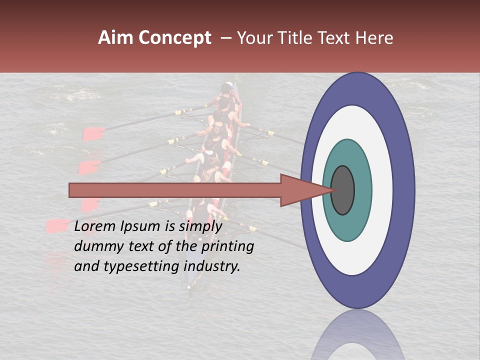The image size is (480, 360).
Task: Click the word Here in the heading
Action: tap(375, 38)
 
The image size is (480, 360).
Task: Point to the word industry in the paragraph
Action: tap(212, 266)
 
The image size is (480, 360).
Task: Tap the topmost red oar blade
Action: tap(93, 134)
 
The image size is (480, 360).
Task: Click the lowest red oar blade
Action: tap(56, 225)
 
